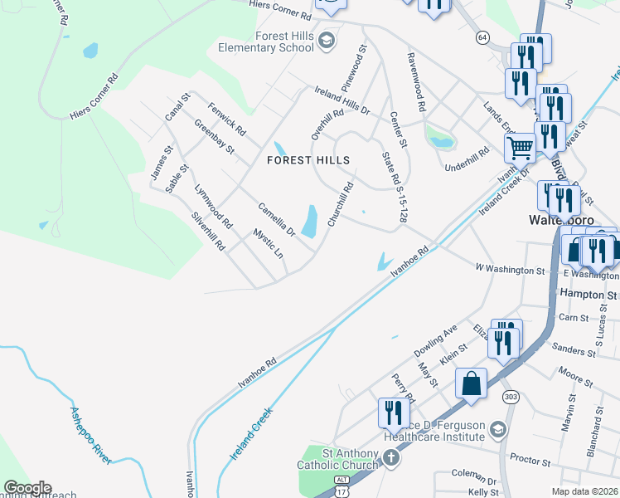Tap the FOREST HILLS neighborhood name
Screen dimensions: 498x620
point(308,160)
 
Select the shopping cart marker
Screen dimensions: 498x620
point(520,148)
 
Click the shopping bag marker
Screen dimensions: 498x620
point(471,383)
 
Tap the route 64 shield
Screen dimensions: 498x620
point(482,37)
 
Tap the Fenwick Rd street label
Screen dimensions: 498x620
point(227,119)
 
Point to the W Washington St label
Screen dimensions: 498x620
point(510,270)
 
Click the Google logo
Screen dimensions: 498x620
point(27,488)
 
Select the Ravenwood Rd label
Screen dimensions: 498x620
point(416,82)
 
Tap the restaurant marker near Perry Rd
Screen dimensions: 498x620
point(394,413)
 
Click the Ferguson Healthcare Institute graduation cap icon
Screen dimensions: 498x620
point(497,429)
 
